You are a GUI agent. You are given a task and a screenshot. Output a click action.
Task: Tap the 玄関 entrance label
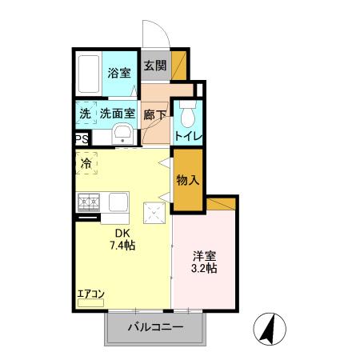pyautogui.click(x=155, y=66)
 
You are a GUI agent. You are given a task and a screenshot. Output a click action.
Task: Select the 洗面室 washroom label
pyautogui.click(x=117, y=114)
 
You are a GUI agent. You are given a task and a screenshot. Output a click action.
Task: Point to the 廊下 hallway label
pyautogui.click(x=155, y=114)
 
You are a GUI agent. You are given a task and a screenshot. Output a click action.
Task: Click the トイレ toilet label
pyautogui.click(x=189, y=136)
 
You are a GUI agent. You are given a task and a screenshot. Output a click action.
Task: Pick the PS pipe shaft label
pyautogui.click(x=82, y=138)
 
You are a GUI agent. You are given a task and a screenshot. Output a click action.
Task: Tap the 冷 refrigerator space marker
pyautogui.click(x=86, y=163)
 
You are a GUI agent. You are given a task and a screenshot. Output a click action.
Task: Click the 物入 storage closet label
pyautogui.click(x=187, y=180)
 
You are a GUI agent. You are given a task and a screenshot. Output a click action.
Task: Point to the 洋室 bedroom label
pyautogui.click(x=205, y=257)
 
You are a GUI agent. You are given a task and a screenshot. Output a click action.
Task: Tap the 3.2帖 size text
pyautogui.click(x=205, y=270)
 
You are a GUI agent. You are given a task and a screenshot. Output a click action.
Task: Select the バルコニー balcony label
pyautogui.click(x=156, y=327)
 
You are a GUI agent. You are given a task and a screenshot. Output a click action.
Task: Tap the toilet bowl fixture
pyautogui.click(x=187, y=117)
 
